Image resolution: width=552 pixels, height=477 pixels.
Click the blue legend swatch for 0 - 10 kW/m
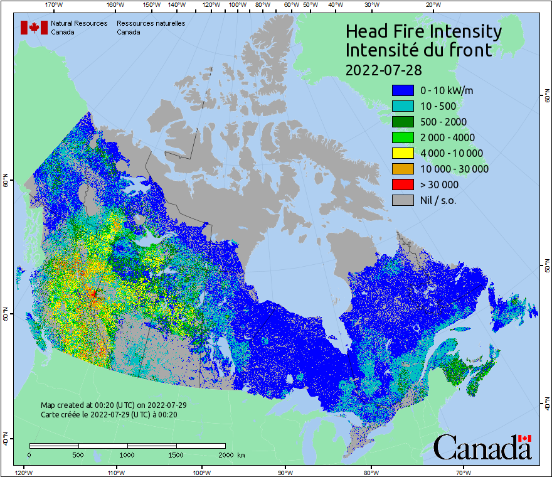pyautogui.click(x=403, y=90)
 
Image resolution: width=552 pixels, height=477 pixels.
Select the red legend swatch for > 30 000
pyautogui.click(x=403, y=185)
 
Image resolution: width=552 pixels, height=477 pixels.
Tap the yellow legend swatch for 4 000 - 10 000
pyautogui.click(x=403, y=153)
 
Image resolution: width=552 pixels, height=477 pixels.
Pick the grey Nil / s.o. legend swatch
pyautogui.click(x=403, y=200)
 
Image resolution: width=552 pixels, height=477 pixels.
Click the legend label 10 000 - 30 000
pyautogui.click(x=454, y=169)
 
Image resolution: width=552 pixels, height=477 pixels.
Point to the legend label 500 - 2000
pyautogui.click(x=443, y=122)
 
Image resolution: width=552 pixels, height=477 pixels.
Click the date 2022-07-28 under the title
pyautogui.click(x=383, y=69)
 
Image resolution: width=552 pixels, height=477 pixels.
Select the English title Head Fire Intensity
pyautogui.click(x=423, y=31)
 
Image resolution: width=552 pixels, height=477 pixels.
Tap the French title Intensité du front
pyautogui.click(x=418, y=50)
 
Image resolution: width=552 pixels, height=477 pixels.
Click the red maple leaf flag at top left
pyautogui.click(x=34, y=28)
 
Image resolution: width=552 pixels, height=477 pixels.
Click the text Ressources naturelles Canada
pyautogui.click(x=151, y=28)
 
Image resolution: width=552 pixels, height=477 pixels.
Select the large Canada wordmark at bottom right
pyautogui.click(x=482, y=447)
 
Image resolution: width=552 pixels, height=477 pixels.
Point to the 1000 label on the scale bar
pyautogui.click(x=127, y=454)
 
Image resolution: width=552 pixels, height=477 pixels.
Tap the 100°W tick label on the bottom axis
pyautogui.click(x=201, y=472)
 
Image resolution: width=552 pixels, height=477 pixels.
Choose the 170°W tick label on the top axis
pyautogui.click(x=55, y=4)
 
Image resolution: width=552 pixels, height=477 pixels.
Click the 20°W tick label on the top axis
pyautogui.click(x=432, y=4)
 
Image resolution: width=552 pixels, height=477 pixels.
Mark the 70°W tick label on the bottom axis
pyautogui.click(x=462, y=472)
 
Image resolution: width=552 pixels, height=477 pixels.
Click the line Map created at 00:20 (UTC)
pyautogui.click(x=114, y=405)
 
